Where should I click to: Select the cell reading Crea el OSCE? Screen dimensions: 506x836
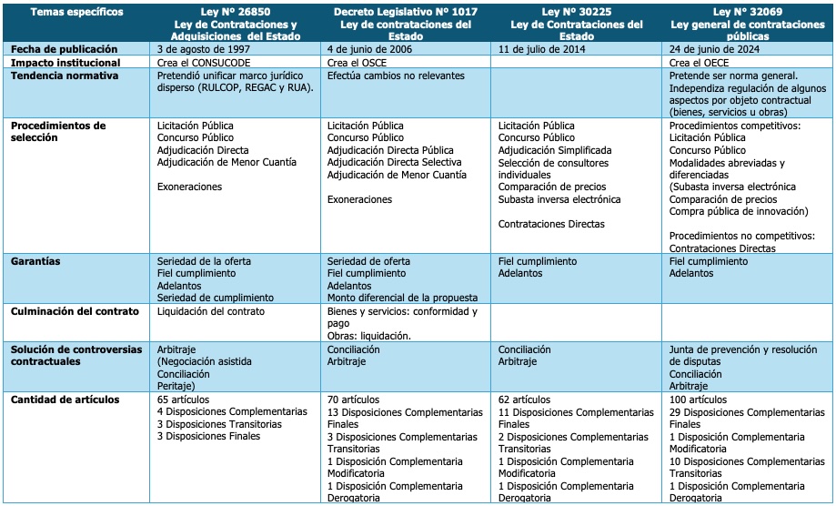tap(358, 63)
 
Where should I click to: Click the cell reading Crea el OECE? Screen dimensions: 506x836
tap(700, 63)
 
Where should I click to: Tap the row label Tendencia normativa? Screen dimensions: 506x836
tap(65, 76)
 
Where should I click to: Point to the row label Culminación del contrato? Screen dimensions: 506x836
tap(75, 311)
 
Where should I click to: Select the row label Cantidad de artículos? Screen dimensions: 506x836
tap(65, 400)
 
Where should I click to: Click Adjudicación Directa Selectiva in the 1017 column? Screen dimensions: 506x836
tap(395, 162)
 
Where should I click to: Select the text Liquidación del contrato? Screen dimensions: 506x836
tap(211, 311)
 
